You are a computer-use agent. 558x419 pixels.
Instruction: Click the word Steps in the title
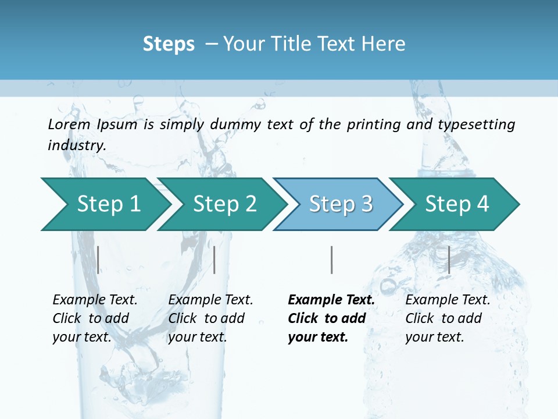click(169, 44)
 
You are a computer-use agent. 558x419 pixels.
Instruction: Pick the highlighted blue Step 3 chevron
click(341, 204)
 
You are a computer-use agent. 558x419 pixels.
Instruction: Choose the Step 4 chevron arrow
click(457, 204)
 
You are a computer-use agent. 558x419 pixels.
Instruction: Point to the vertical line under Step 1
click(98, 260)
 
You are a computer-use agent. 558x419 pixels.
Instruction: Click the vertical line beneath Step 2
click(214, 260)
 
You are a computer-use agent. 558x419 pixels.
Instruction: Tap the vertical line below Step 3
click(332, 260)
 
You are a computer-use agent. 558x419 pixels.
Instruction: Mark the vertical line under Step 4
click(449, 260)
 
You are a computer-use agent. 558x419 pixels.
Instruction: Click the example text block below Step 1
click(95, 318)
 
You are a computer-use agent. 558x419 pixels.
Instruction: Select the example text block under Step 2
click(210, 318)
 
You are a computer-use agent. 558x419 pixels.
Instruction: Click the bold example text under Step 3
click(331, 318)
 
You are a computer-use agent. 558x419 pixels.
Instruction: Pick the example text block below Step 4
click(448, 318)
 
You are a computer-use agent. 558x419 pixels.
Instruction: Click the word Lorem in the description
click(69, 125)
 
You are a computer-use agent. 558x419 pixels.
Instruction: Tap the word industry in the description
click(77, 145)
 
